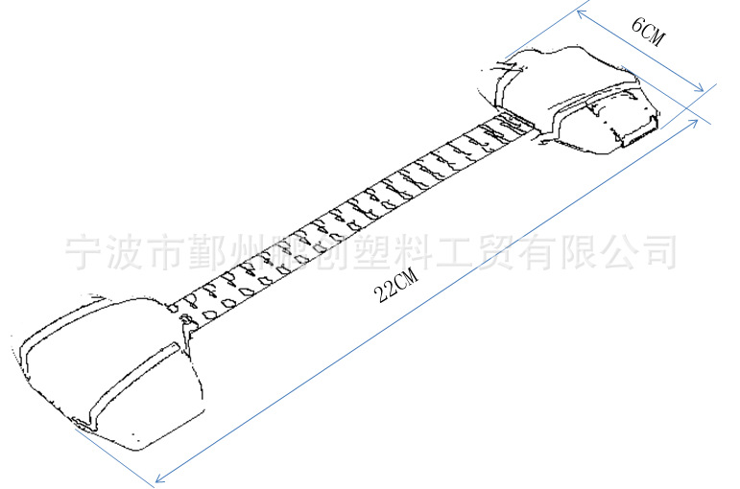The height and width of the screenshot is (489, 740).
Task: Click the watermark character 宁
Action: tap(84, 251)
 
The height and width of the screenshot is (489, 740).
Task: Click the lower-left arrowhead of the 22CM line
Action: tap(159, 476)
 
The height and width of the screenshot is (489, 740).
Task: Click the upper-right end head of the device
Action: tap(571, 96)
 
